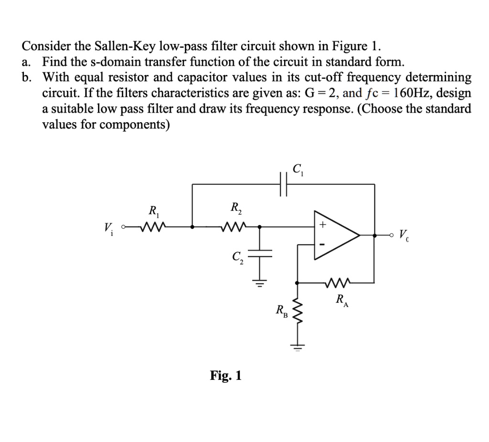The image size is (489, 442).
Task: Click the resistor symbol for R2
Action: pyautogui.click(x=234, y=227)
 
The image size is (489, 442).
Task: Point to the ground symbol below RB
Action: pyautogui.click(x=298, y=347)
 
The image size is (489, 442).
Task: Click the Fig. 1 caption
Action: pyautogui.click(x=226, y=376)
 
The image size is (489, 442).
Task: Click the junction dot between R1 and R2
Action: pyautogui.click(x=192, y=227)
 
